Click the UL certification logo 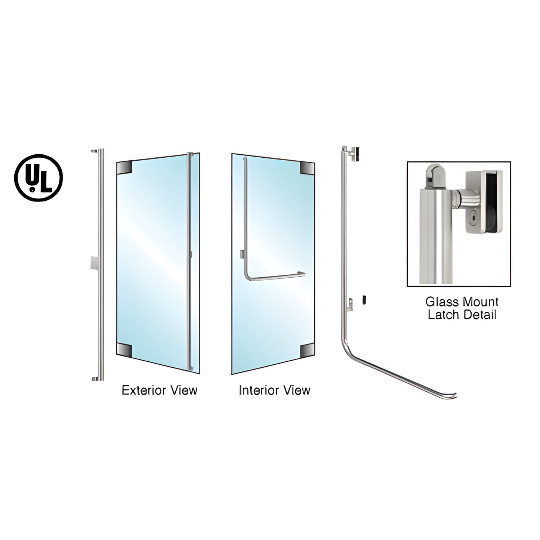coord(38,178)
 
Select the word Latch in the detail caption coord(442,315)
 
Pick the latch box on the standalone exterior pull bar coord(94,263)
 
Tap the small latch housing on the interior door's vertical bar coord(243,254)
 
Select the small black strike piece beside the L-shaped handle coord(364,299)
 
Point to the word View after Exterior coord(183,391)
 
